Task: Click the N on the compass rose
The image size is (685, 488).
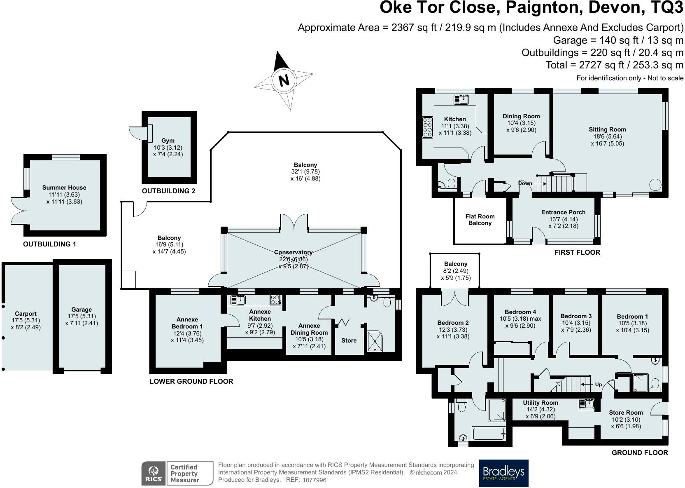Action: pyautogui.click(x=284, y=80)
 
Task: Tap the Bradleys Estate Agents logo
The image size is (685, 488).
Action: pyautogui.click(x=503, y=473)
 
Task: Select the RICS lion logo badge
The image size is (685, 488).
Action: pyautogui.click(x=154, y=473)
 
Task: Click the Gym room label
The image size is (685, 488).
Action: pyautogui.click(x=168, y=141)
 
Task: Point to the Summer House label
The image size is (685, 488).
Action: pyautogui.click(x=64, y=188)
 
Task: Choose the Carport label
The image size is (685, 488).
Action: pyautogui.click(x=26, y=314)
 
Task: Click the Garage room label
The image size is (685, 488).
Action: pyautogui.click(x=82, y=310)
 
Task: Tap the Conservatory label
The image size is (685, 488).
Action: pyautogui.click(x=293, y=252)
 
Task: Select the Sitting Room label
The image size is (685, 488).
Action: pyautogui.click(x=607, y=129)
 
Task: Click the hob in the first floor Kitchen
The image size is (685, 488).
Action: pyautogui.click(x=428, y=127)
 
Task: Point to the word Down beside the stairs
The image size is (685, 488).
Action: pyautogui.click(x=525, y=183)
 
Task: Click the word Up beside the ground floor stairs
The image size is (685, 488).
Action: pyautogui.click(x=599, y=384)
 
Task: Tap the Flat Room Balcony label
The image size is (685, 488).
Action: pyautogui.click(x=480, y=220)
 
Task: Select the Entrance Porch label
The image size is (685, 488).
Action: pyautogui.click(x=563, y=212)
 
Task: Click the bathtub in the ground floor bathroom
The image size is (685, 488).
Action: pyautogui.click(x=488, y=434)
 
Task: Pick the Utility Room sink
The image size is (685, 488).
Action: pyautogui.click(x=587, y=404)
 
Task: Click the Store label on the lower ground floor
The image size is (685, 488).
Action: pyautogui.click(x=349, y=340)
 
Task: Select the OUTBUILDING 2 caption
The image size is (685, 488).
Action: pyautogui.click(x=168, y=191)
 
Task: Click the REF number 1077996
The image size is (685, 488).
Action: pyautogui.click(x=315, y=480)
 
